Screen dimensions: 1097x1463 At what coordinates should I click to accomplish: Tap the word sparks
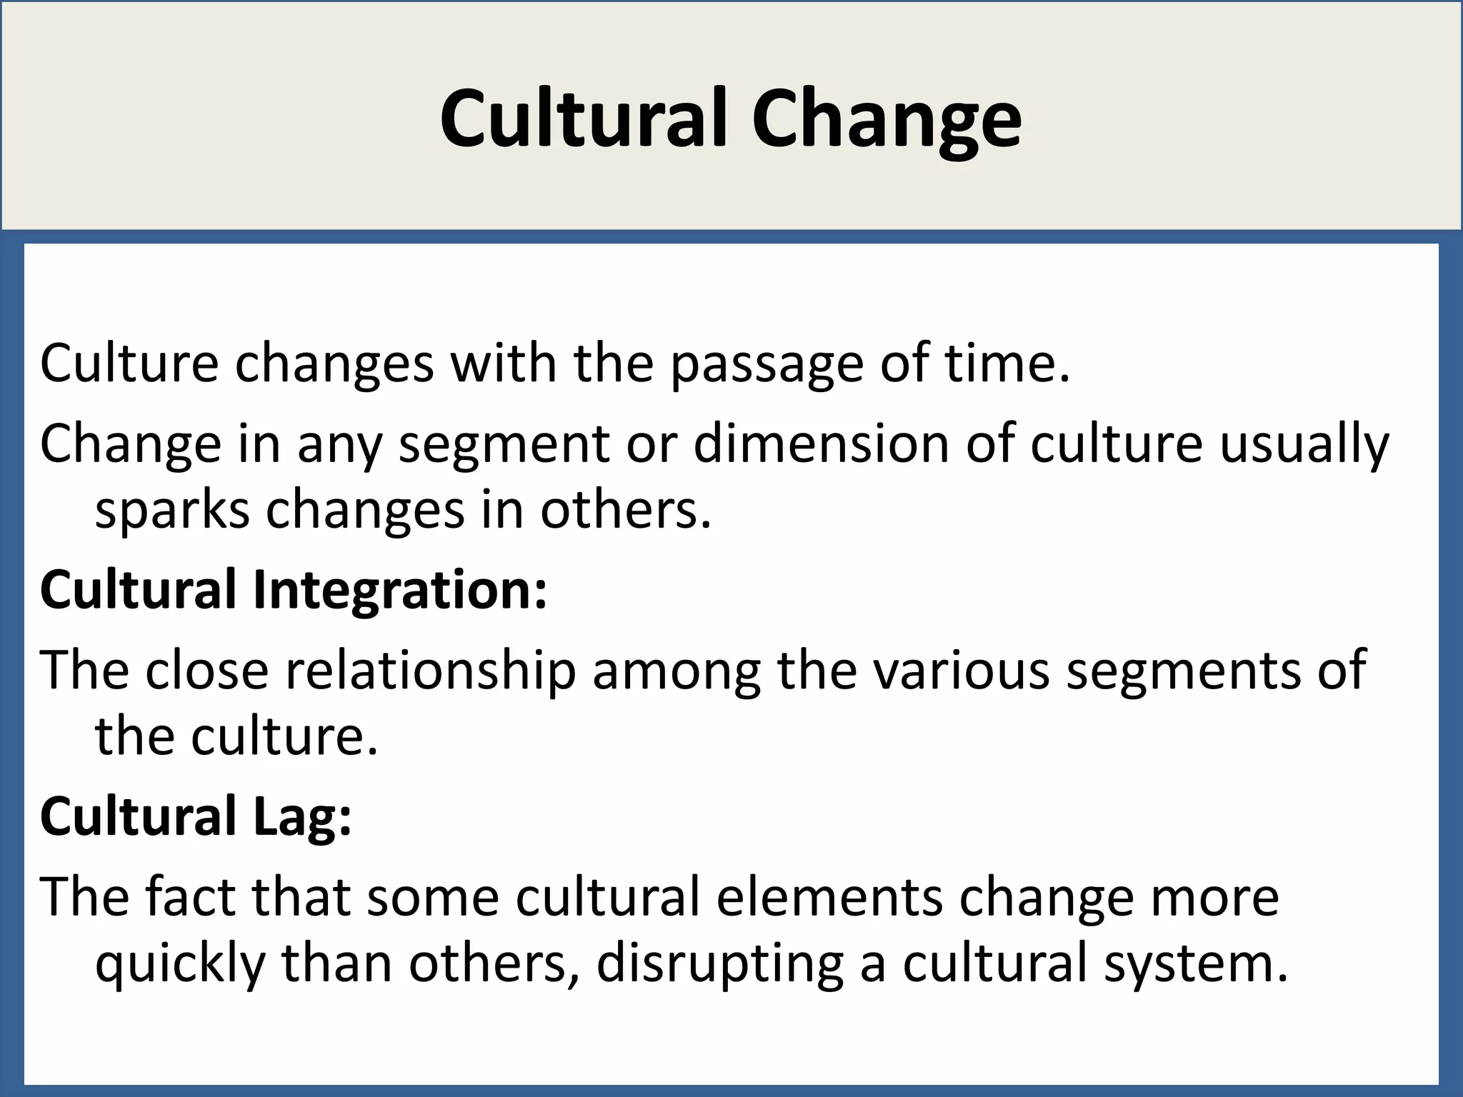pos(172,511)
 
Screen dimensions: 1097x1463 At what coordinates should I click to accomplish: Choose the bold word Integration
pos(400,591)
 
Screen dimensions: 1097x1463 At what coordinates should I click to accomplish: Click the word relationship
pos(430,671)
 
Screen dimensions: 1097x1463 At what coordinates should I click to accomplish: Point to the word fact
pos(189,897)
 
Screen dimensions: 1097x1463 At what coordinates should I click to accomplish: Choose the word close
pos(206,671)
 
